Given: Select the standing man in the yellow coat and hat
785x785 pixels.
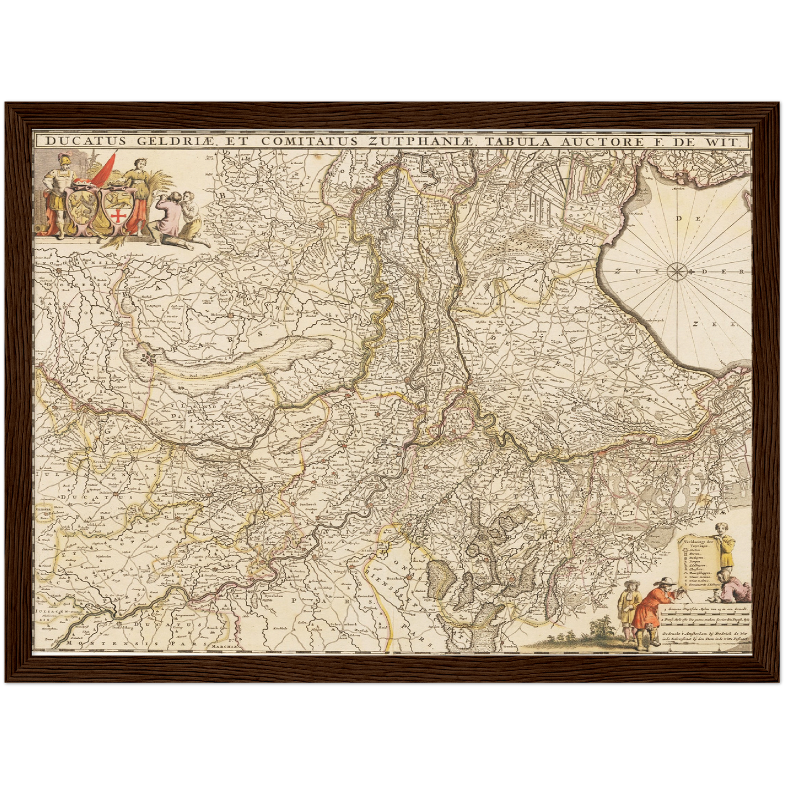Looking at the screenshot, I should (x=629, y=607).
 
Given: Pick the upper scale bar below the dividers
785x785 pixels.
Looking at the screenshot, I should (x=706, y=610).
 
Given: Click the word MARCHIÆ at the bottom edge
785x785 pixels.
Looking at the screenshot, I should (x=225, y=646).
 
